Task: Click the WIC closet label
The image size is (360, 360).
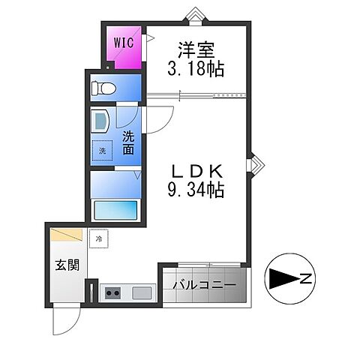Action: click(x=124, y=43)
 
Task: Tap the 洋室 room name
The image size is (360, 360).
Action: click(x=196, y=50)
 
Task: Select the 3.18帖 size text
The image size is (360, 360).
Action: click(x=196, y=68)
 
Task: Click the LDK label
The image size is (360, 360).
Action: click(x=196, y=172)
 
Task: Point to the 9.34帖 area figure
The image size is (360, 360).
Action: click(x=196, y=190)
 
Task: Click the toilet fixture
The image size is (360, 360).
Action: click(x=103, y=88)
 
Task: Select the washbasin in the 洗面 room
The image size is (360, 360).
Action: click(x=100, y=121)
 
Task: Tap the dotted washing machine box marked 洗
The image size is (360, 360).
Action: click(x=102, y=151)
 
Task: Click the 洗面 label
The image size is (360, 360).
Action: click(x=128, y=143)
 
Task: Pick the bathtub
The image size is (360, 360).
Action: click(x=115, y=210)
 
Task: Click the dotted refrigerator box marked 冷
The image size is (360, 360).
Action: click(x=99, y=238)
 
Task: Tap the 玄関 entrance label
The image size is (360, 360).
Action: click(x=67, y=265)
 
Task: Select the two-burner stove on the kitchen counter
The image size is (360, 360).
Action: click(x=112, y=293)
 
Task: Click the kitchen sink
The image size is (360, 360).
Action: click(x=142, y=293)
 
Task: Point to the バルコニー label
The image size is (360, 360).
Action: click(x=205, y=285)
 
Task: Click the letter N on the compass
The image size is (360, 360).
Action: click(x=305, y=278)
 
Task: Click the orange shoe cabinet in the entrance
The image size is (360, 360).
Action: click(x=66, y=235)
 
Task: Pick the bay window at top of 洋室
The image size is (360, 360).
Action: click(x=195, y=16)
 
